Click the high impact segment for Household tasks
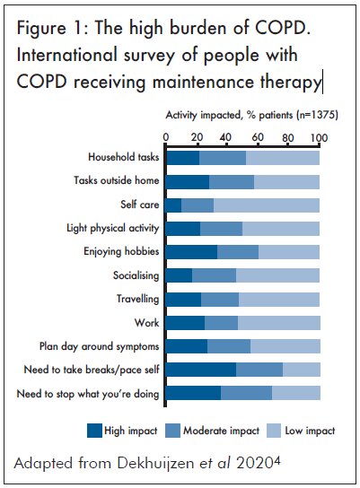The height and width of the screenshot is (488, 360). point(183,158)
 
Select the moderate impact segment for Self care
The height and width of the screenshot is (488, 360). point(198,205)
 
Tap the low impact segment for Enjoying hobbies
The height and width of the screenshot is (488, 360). point(289,252)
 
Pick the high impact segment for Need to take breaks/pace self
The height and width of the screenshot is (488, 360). point(201,370)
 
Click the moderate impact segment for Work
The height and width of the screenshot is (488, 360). point(222,323)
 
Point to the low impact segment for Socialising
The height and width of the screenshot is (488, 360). point(277,275)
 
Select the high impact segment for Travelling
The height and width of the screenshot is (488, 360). point(184,300)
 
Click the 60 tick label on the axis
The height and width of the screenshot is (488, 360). point(258,137)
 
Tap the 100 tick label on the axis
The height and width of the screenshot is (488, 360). point(319,137)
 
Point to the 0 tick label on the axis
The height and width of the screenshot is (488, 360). point(166,137)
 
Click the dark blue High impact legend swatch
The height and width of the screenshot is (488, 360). point(94,431)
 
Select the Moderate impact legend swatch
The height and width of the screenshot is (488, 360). point(173,431)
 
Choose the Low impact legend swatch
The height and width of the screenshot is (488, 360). point(274,431)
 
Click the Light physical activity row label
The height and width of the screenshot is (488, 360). point(113,228)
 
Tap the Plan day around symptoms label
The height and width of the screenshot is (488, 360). point(99,346)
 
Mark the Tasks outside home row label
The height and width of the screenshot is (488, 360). point(116,180)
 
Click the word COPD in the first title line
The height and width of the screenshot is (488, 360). point(281,28)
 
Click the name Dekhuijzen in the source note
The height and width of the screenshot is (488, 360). point(155,464)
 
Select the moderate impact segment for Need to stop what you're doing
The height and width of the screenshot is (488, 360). point(247,393)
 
